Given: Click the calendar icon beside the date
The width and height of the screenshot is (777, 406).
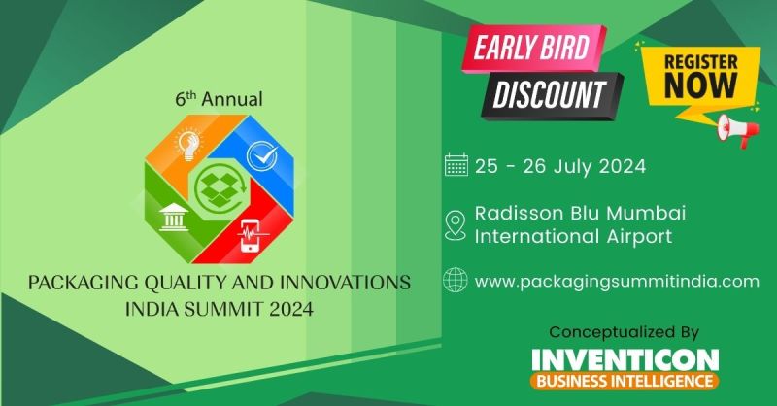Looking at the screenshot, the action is [456, 165].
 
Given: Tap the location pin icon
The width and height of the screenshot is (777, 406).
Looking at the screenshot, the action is [455, 226].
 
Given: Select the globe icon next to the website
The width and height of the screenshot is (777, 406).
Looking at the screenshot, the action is [455, 280].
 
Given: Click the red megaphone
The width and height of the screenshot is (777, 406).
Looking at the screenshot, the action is [738, 130].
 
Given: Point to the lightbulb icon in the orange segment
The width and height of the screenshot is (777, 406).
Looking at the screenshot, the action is [189, 144].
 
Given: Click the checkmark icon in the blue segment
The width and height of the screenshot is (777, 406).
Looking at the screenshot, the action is [262, 156].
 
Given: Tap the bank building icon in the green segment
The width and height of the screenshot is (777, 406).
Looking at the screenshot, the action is [174, 219].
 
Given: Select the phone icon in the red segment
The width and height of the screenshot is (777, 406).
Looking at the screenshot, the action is [251, 235].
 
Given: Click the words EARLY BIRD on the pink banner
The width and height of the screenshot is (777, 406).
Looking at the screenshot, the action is [531, 49].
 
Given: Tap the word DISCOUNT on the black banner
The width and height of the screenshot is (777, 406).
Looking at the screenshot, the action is [549, 94].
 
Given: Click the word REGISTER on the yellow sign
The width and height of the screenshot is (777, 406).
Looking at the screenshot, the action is [700, 62].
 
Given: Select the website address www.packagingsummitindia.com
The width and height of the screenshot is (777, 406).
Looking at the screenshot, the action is [617, 282].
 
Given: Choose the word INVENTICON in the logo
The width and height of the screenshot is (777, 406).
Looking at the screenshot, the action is [625, 360].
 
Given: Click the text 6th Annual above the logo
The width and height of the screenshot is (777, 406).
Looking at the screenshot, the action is [220, 99].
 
